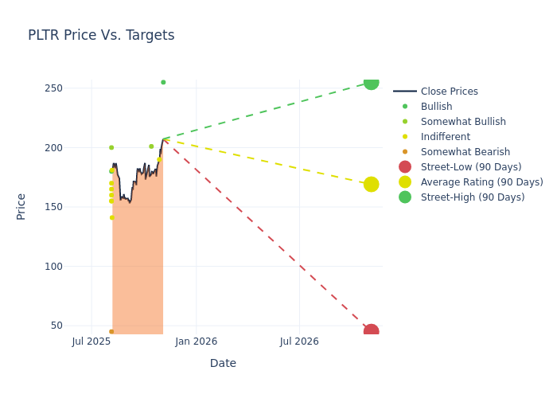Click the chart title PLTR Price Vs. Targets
click(x=101, y=36)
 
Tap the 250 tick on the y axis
click(x=54, y=88)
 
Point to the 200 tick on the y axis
click(x=54, y=147)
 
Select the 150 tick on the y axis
click(x=54, y=207)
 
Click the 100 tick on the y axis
click(x=54, y=266)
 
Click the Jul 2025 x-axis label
click(x=92, y=341)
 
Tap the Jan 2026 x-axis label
click(x=196, y=341)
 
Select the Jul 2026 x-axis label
click(x=299, y=341)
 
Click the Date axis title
click(x=223, y=364)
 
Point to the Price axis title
click(x=21, y=206)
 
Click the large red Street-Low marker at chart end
click(x=371, y=331)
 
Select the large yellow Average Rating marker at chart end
click(x=371, y=185)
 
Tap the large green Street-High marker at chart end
click(x=371, y=83)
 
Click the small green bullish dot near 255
click(x=163, y=82)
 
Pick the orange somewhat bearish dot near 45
click(x=111, y=331)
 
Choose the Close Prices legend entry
click(x=449, y=92)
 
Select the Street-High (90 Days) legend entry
click(x=472, y=197)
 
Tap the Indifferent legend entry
click(x=445, y=137)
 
